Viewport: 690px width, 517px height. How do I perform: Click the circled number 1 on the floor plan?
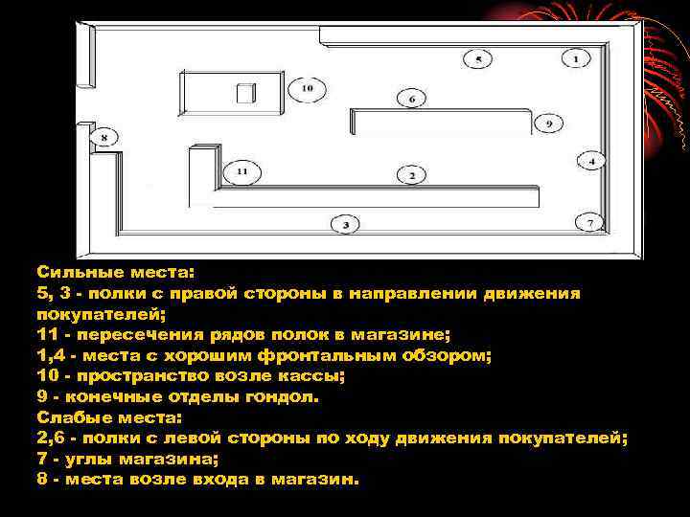(576, 59)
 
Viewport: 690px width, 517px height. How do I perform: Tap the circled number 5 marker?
(477, 59)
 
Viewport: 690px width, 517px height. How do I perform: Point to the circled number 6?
(411, 99)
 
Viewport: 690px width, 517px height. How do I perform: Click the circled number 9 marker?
(549, 124)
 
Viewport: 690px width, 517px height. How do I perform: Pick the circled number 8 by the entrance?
(103, 138)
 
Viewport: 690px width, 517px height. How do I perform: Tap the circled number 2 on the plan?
(411, 175)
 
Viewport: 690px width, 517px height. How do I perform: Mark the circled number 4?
(591, 162)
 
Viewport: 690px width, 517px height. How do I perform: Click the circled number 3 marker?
(345, 225)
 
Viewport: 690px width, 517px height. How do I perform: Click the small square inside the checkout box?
(246, 93)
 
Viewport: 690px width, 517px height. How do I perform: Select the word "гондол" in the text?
(252, 396)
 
